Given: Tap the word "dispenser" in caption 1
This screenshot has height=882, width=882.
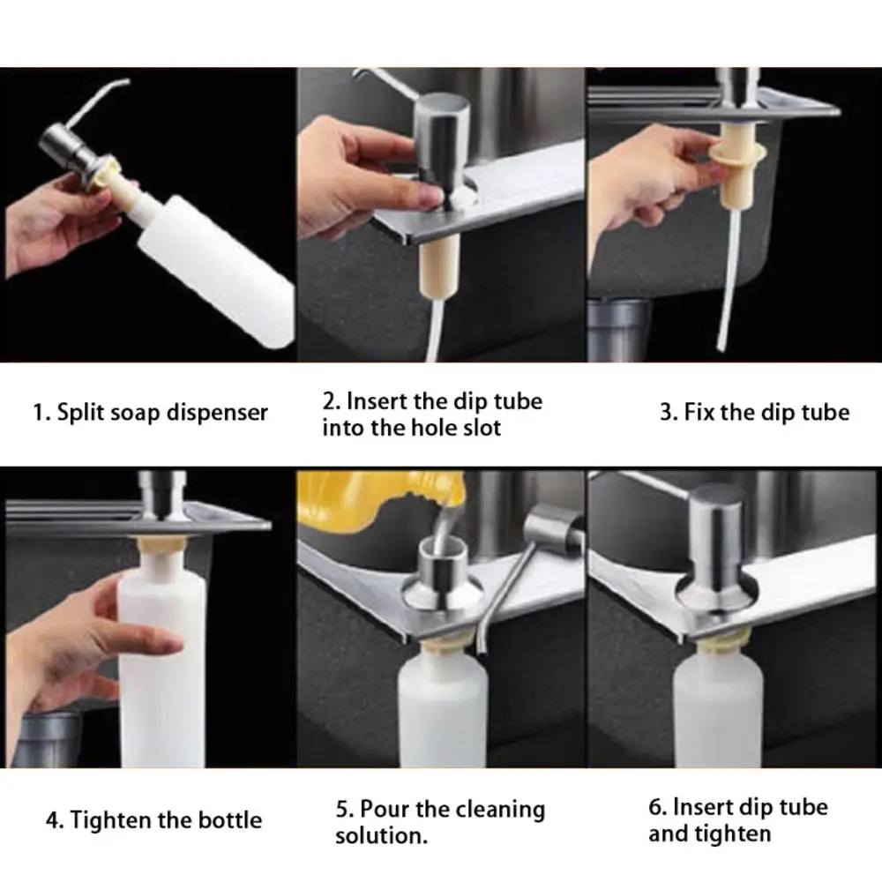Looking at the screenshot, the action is tap(217, 413).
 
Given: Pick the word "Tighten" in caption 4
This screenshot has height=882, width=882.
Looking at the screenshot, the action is tap(110, 820).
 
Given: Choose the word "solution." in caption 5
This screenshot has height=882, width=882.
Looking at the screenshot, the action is tap(381, 836).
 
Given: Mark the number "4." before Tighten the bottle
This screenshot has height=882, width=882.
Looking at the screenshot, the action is tap(55, 820).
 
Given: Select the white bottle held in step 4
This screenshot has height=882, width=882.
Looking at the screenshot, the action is tap(162, 658).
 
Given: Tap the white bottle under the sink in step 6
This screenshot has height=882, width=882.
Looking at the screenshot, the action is tap(718, 706).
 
